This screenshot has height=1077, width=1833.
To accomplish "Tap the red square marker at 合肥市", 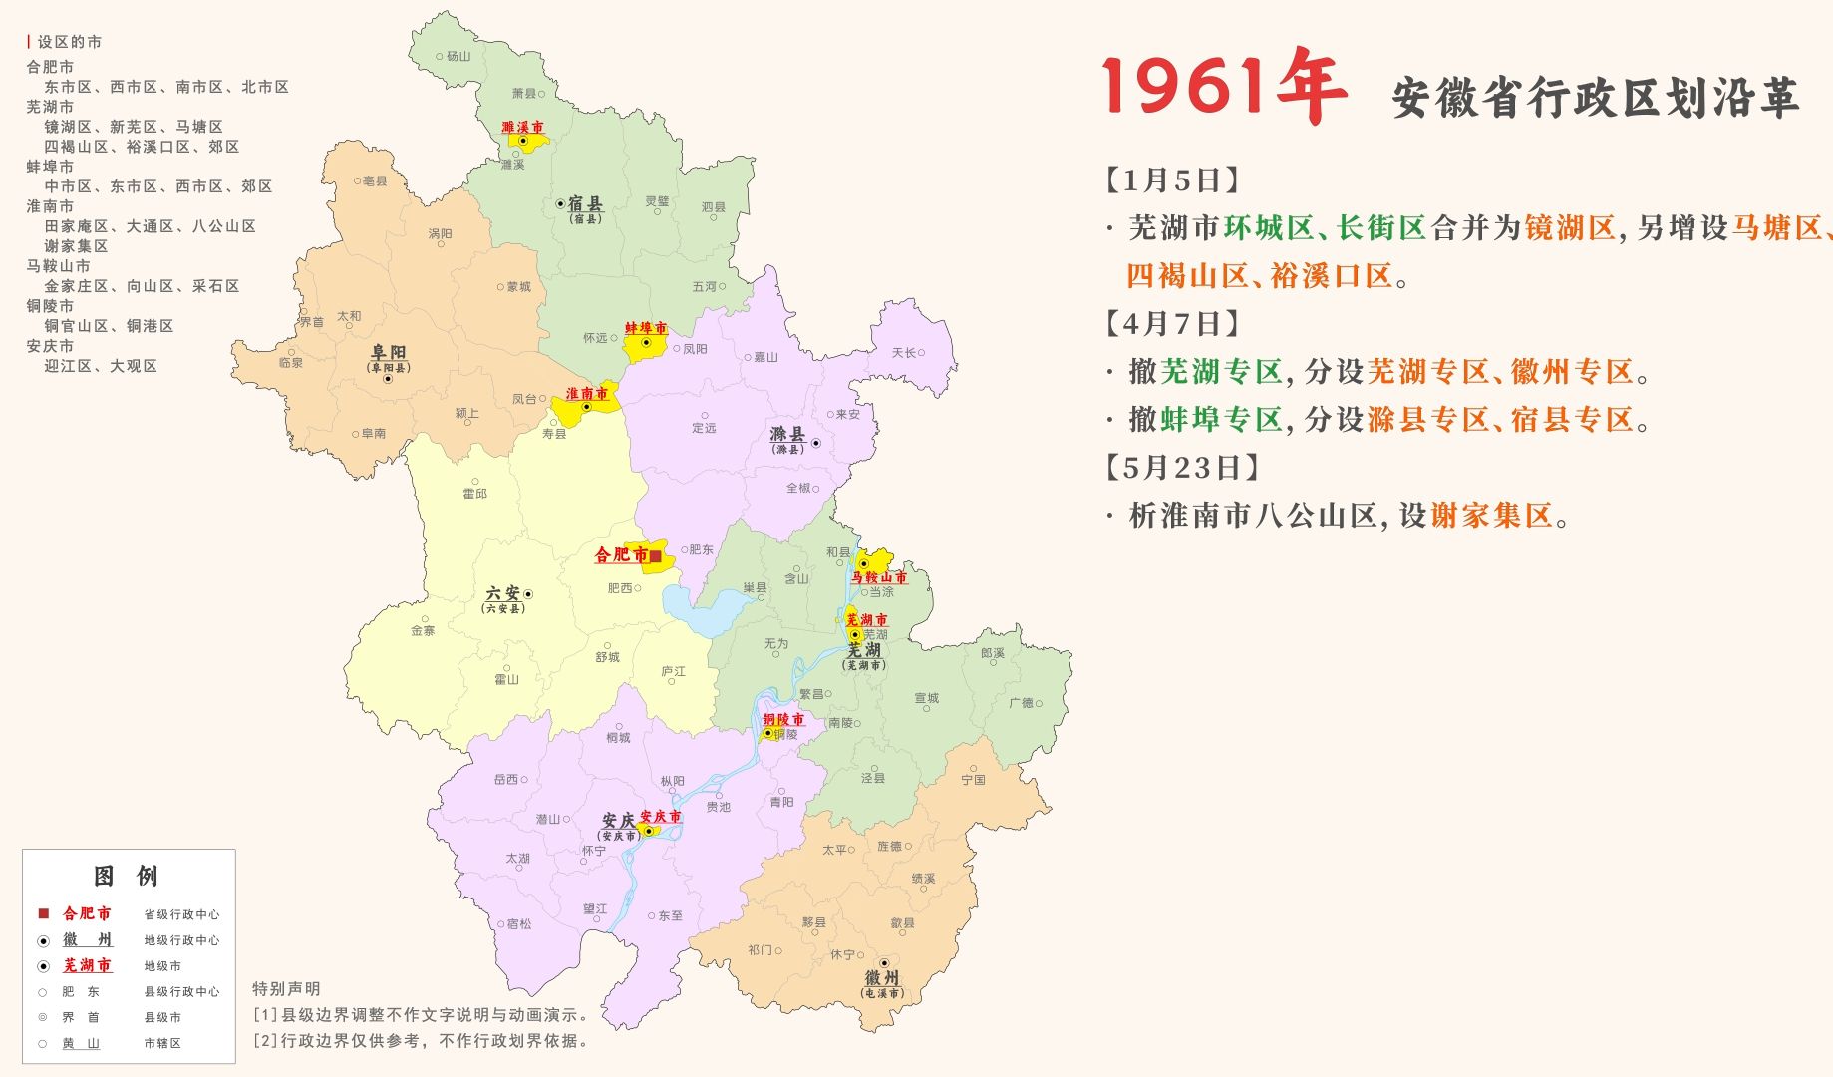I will click(655, 556).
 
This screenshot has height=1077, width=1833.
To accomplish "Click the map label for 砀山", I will click(458, 56).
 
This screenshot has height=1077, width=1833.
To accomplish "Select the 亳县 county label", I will click(375, 180).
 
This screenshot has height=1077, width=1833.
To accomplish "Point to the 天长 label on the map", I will click(903, 353).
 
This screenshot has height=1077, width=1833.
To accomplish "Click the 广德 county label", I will click(1021, 703).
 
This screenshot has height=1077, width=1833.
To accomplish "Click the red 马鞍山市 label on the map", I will click(878, 577).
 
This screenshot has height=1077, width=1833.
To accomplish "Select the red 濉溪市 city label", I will click(522, 128).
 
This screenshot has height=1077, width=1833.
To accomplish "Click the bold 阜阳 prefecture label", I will click(388, 353).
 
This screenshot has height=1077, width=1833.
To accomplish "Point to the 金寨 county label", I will click(423, 630).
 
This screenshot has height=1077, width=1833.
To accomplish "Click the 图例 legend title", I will click(126, 877).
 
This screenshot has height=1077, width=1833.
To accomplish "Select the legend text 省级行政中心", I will click(181, 914).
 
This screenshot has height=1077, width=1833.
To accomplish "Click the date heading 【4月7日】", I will click(1173, 324).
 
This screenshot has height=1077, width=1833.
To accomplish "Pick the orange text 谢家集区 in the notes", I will click(1491, 516).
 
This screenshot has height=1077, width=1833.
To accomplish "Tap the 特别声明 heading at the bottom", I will click(286, 988).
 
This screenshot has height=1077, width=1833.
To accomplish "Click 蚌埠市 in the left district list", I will click(50, 167).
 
